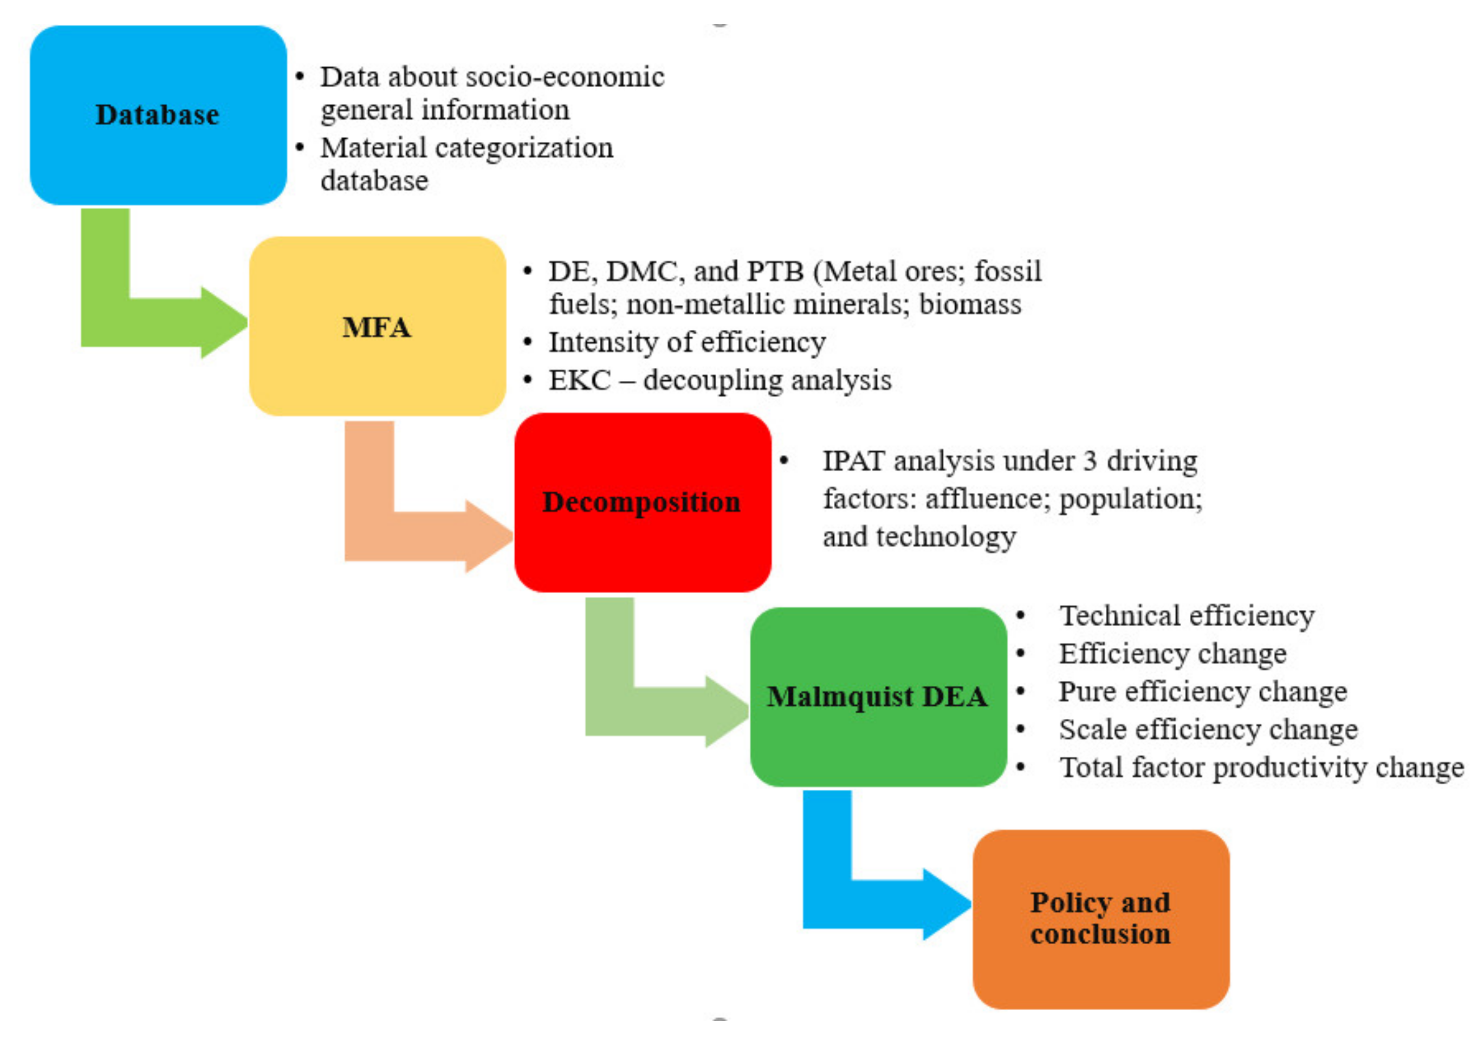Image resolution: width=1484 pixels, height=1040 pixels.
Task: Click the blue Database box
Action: tap(158, 115)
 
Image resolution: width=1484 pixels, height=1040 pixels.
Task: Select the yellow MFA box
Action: tap(377, 327)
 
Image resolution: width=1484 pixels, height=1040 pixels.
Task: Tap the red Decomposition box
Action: tap(642, 502)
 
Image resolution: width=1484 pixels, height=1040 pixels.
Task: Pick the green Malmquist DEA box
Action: tap(878, 697)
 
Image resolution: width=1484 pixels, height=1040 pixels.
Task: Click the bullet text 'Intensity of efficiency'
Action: tap(687, 342)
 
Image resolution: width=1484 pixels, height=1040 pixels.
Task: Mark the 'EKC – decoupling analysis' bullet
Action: tap(720, 380)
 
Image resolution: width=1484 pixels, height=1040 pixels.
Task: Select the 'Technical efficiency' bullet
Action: tap(1186, 615)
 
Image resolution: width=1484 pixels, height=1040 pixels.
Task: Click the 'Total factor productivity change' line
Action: tap(1261, 767)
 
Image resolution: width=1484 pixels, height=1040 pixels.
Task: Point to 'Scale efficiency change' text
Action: tap(1207, 729)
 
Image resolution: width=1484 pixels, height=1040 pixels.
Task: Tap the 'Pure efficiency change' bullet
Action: tap(1202, 691)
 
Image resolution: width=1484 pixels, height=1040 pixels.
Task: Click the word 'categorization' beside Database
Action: tap(523, 148)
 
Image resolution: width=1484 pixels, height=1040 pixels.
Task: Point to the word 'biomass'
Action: tap(969, 304)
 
